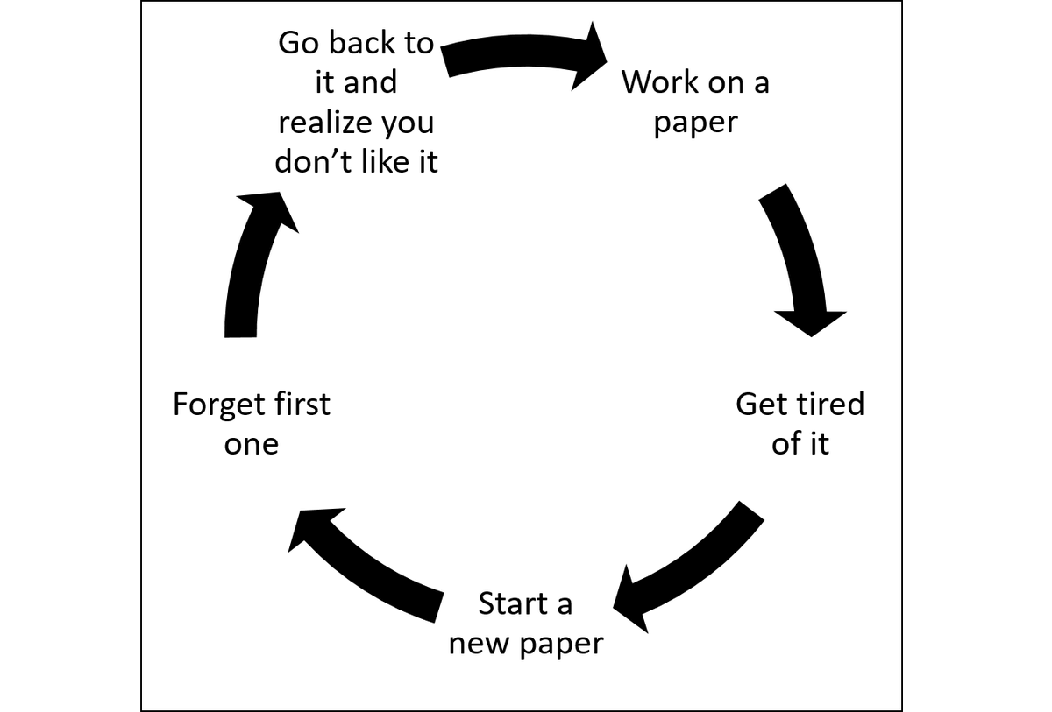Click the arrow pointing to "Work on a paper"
click(522, 51)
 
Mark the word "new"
click(479, 644)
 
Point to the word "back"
click(362, 43)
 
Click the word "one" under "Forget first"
click(252, 445)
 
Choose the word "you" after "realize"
click(408, 124)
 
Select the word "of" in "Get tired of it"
click(786, 443)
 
